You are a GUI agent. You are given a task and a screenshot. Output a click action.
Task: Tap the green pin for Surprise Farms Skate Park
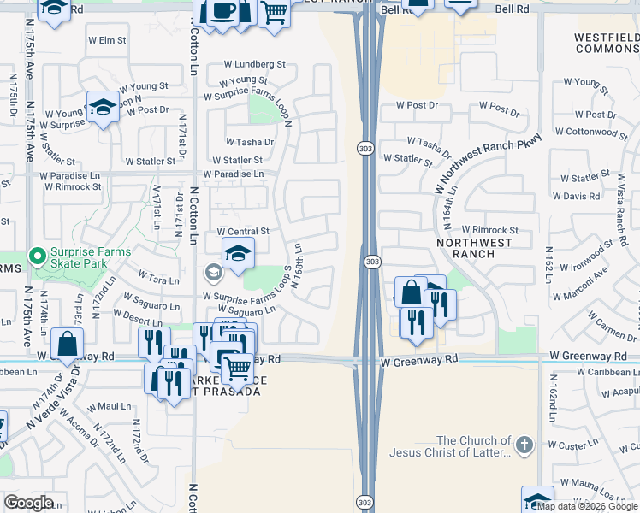tap(36, 256)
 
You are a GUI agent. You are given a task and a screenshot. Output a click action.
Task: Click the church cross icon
tap(524, 445)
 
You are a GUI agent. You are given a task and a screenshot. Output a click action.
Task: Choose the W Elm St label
tap(107, 40)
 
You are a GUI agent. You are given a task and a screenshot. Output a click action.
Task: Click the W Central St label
tap(243, 232)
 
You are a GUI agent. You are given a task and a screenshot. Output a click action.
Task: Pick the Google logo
tap(28, 503)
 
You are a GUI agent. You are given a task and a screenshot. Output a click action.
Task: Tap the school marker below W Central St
tap(238, 251)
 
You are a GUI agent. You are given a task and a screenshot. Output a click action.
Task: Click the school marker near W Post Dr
tap(103, 107)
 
